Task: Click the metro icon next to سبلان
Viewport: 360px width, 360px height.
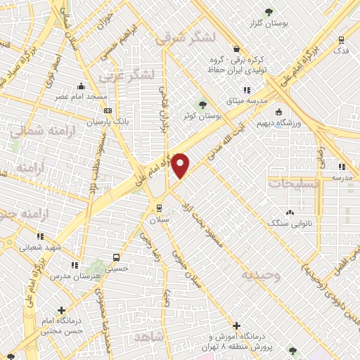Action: tap(158, 207)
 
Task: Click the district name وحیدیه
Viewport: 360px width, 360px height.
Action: tap(261, 275)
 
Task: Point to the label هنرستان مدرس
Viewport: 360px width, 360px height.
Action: tap(75, 277)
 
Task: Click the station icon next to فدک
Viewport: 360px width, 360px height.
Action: tap(340, 40)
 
